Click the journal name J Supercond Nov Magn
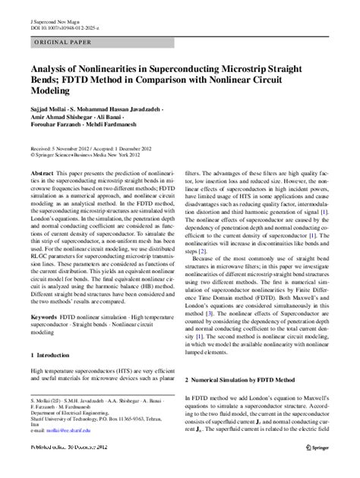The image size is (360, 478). [x=52, y=15]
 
